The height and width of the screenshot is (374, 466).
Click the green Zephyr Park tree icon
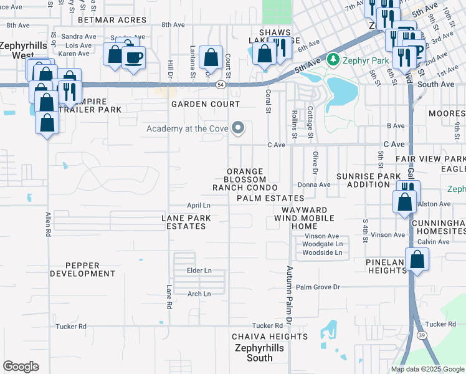coord(333,60)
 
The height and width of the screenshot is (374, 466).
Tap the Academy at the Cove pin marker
coord(237,129)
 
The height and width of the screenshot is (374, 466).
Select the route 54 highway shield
coord(221,84)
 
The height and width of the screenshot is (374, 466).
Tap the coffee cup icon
coord(133,58)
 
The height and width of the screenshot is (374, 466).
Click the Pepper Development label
coord(82,269)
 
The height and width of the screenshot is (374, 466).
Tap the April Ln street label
coord(199,205)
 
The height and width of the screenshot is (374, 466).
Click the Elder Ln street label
coord(199,271)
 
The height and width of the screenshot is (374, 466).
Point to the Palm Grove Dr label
coord(318,287)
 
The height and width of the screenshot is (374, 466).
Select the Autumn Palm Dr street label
coord(289,295)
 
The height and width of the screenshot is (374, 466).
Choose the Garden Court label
coord(206,104)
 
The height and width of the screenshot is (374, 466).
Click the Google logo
coord(21,367)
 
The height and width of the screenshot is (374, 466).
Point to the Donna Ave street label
coord(314,185)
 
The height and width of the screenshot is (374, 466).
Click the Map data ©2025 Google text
coord(427,369)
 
